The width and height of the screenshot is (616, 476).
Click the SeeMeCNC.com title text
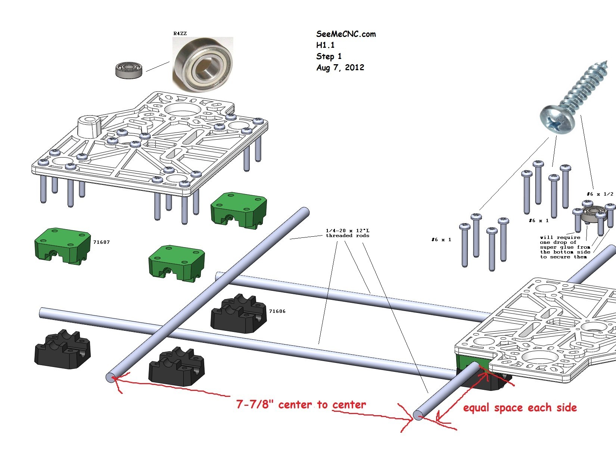(346, 34)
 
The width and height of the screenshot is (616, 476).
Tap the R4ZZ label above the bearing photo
(180, 34)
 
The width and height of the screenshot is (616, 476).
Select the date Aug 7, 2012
(340, 68)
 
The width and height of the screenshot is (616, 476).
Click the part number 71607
(102, 242)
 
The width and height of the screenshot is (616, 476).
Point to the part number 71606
(277, 311)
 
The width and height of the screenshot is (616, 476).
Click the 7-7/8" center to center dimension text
(301, 405)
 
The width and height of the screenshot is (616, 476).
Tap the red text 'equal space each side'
(520, 408)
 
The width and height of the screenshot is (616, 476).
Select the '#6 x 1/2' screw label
(600, 194)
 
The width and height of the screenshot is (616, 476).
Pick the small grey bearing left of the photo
(129, 70)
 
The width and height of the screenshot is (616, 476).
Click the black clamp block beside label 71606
(239, 314)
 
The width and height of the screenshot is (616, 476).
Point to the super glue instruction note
(565, 247)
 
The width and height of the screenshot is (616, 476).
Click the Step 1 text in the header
(329, 56)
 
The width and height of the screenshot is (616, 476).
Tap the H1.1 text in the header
(325, 45)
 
